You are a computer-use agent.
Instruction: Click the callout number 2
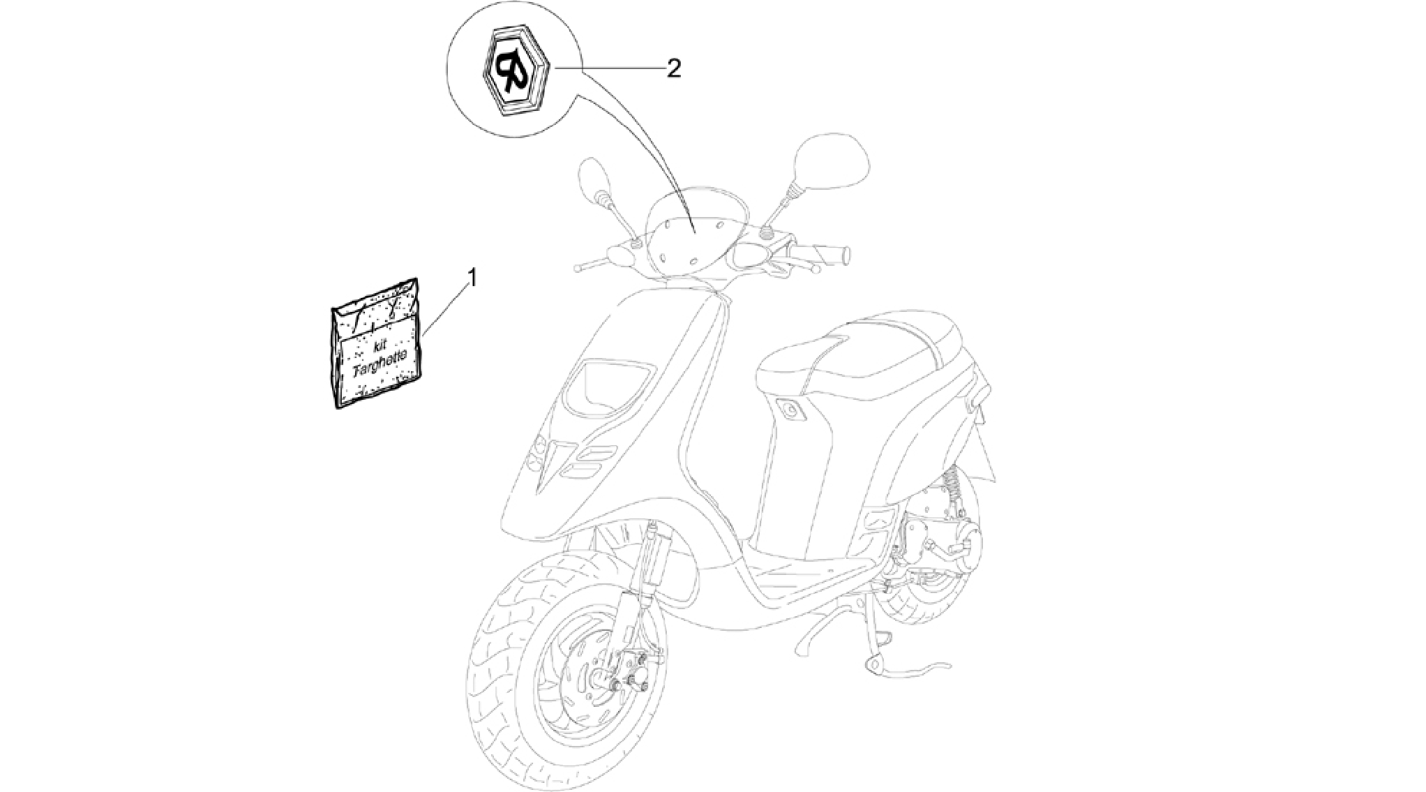coord(673,68)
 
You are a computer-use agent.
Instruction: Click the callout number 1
coord(472,279)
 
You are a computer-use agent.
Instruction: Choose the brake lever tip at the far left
coord(579,267)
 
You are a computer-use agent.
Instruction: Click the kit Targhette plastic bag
coord(377,343)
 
